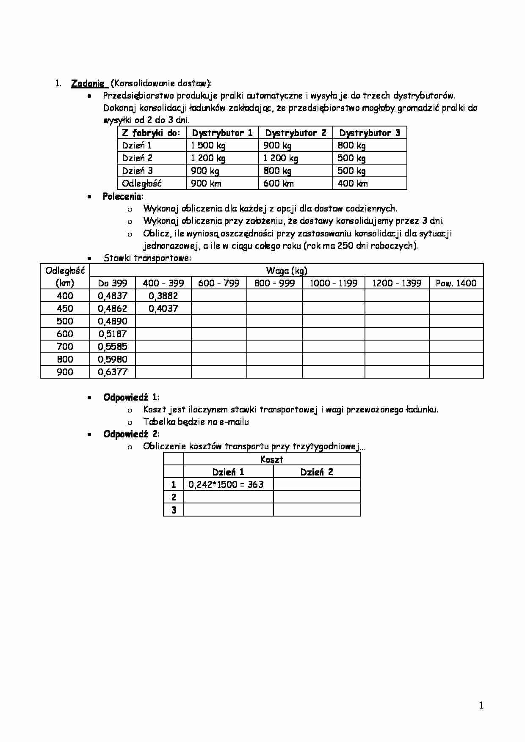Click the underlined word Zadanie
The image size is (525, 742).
point(88,83)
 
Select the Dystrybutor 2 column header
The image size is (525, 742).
point(296,133)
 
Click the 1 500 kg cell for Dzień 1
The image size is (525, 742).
point(208,146)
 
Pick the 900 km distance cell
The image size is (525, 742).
point(206,184)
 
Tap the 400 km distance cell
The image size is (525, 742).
point(353,184)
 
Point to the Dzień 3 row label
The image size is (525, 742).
point(138,171)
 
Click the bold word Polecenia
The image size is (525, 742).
point(122,196)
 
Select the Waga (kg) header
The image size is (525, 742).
point(287,271)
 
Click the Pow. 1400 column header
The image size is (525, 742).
point(456,283)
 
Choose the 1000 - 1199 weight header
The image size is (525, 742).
point(334,283)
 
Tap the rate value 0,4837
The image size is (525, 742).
point(113,296)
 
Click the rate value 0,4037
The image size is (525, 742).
point(163,309)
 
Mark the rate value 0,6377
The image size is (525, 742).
point(113,372)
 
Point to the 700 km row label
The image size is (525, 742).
point(65,347)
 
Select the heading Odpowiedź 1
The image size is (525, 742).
point(130,397)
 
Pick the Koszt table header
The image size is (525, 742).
point(272,459)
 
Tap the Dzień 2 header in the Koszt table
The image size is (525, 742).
point(317,472)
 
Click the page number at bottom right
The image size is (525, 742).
point(481,705)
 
